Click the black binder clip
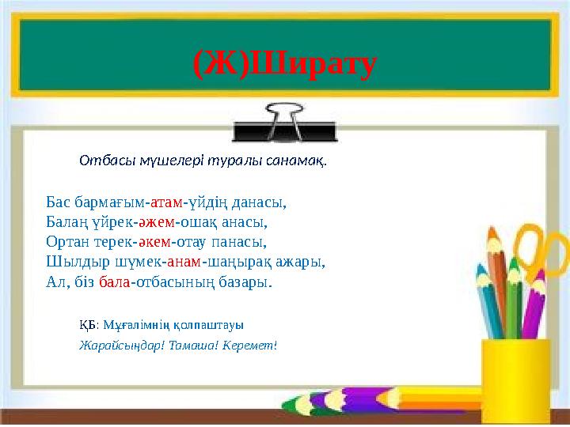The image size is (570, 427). (x=285, y=123)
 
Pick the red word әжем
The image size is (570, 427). (x=154, y=221)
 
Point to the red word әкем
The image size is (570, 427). (x=154, y=241)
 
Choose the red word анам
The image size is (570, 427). (x=184, y=261)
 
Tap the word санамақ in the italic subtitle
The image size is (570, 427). (x=297, y=161)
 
